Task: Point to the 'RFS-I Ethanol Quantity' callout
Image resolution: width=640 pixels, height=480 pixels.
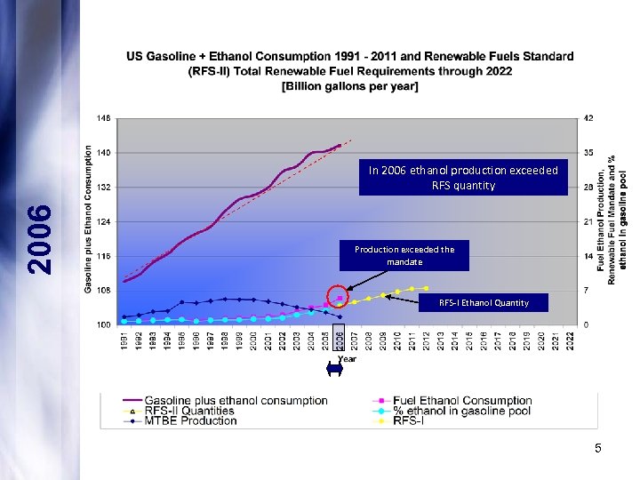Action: pyautogui.click(x=484, y=303)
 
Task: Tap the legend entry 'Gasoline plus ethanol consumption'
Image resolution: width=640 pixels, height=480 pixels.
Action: pyautogui.click(x=236, y=401)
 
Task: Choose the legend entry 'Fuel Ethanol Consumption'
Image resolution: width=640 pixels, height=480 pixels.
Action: pyautogui.click(x=461, y=401)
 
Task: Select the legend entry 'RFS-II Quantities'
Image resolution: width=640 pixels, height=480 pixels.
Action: pyautogui.click(x=188, y=411)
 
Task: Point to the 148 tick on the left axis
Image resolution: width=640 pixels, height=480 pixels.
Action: pyautogui.click(x=104, y=117)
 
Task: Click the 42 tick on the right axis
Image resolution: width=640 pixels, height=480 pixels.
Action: pyautogui.click(x=588, y=117)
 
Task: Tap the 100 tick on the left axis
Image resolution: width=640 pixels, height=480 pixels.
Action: pyautogui.click(x=104, y=324)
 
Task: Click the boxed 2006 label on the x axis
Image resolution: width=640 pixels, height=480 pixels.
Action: pyautogui.click(x=339, y=340)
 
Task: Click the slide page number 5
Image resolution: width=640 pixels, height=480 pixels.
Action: pyautogui.click(x=598, y=449)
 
